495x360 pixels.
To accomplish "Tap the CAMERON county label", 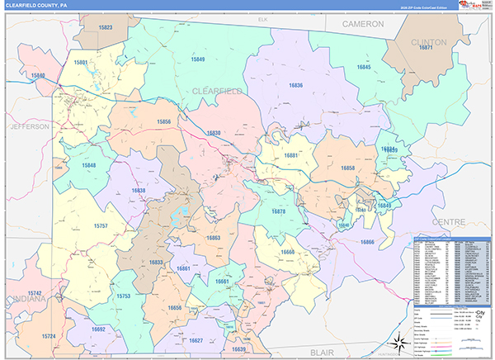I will coord(365,25).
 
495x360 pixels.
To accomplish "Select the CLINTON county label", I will coord(429,41).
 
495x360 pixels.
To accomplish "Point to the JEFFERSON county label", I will coord(31,126).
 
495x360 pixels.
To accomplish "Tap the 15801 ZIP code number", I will coord(81,63).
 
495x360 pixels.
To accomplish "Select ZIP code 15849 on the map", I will coord(196,59).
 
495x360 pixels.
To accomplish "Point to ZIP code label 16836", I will coord(295,85).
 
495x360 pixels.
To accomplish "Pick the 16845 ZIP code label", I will coord(364,68).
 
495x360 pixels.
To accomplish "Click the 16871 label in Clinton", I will coord(426,49).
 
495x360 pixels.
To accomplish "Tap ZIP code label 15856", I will coord(163,121).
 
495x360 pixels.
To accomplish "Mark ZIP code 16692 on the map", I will coord(99,329).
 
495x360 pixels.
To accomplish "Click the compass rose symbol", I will coord(397,340).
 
